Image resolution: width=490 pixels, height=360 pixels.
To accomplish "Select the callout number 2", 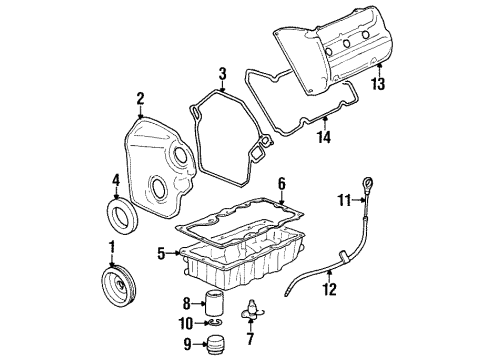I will click(x=141, y=98).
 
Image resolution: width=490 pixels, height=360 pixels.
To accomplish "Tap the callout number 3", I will click(x=223, y=73).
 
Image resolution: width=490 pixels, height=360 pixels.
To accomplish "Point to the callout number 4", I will click(x=116, y=181).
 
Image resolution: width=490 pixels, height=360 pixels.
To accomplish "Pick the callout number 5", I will click(x=160, y=254).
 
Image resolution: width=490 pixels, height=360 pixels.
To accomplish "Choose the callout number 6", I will click(x=281, y=183).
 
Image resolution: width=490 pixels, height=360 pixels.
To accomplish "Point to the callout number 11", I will click(x=341, y=200).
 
